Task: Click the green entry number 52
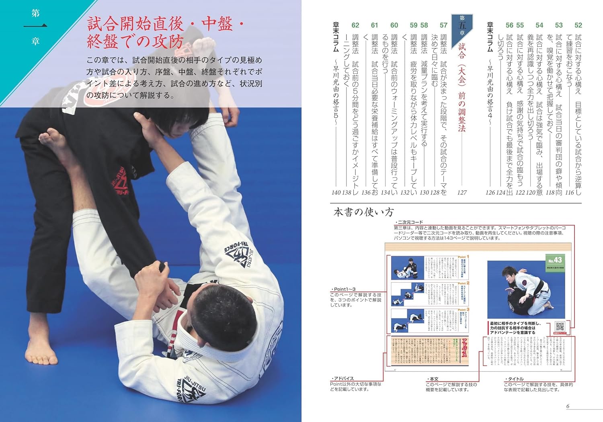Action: [578, 25]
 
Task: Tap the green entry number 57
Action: [443, 25]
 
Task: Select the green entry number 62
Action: [355, 25]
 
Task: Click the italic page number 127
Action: [462, 192]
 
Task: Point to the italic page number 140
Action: [336, 192]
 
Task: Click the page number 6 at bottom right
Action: [568, 406]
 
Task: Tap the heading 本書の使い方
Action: [363, 212]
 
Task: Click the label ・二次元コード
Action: [409, 222]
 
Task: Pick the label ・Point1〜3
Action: [343, 289]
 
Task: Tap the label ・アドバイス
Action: [343, 379]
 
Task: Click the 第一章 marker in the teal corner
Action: [35, 27]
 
